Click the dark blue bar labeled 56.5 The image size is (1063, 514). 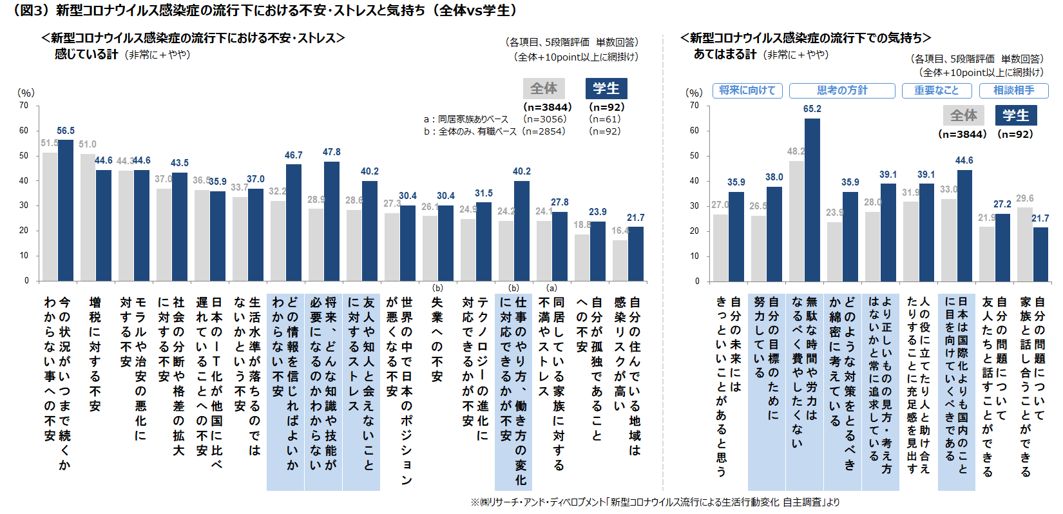tap(66, 210)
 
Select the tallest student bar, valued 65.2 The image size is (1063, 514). tap(812, 200)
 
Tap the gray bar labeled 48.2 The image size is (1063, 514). tap(796, 221)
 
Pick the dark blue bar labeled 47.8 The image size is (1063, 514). tap(332, 221)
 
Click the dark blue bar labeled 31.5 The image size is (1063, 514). tap(484, 242)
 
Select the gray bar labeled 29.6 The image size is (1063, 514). tap(1024, 244)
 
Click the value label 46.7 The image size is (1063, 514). tap(294, 155)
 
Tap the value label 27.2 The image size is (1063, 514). tap(1002, 204)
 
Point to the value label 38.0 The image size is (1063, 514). tap(774, 177)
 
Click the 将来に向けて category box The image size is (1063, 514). tap(747, 91)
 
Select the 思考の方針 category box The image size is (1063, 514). tap(842, 91)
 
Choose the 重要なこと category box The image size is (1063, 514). tap(937, 91)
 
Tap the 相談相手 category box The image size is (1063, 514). tap(1014, 91)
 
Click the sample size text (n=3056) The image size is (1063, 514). tap(545, 119)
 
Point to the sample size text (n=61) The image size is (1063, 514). tap(604, 119)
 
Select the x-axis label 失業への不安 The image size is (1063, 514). tap(437, 339)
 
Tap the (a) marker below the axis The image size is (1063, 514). tap(551, 288)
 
